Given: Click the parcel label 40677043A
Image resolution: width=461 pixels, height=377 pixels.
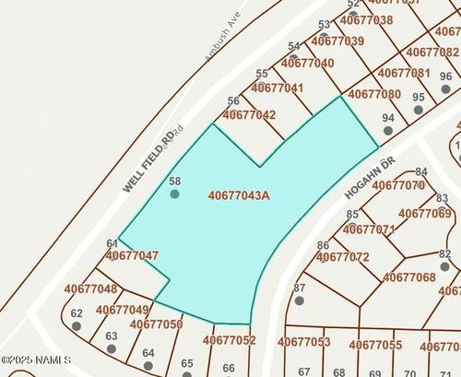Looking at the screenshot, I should (x=238, y=195).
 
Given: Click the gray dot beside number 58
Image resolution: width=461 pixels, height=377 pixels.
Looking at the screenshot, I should (x=174, y=194).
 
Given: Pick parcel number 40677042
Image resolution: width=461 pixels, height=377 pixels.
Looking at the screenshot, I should (x=249, y=115).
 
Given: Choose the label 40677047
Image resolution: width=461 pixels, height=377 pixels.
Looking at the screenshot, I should (x=132, y=255).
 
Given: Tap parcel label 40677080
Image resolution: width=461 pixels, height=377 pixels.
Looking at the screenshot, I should (x=375, y=94).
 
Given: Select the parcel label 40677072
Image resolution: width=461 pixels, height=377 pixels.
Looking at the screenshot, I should (x=343, y=257).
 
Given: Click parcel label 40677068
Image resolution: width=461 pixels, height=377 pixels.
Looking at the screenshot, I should (x=408, y=277).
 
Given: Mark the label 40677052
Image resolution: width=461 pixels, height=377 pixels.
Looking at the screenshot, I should (x=229, y=341).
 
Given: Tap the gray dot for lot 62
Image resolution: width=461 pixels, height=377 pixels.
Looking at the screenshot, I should (x=77, y=325).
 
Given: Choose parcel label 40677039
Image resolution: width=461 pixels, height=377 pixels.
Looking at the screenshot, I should (x=337, y=41).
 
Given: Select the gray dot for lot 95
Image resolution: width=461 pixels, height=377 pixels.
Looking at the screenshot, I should (x=419, y=109).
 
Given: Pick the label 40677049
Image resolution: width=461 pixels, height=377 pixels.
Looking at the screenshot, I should (x=122, y=310).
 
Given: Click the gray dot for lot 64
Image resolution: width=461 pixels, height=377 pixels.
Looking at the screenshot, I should (x=148, y=365).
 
